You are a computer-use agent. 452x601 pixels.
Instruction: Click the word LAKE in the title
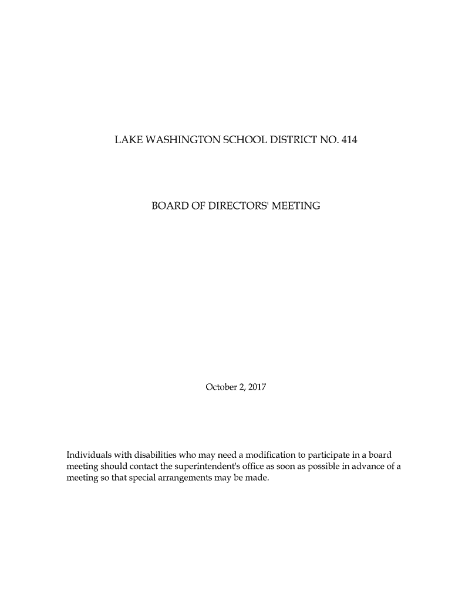[x=126, y=140]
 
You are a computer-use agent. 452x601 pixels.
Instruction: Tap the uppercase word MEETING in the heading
[x=296, y=206]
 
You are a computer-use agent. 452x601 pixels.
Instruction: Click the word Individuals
[x=89, y=455]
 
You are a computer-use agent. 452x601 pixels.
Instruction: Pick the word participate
[x=333, y=455]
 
